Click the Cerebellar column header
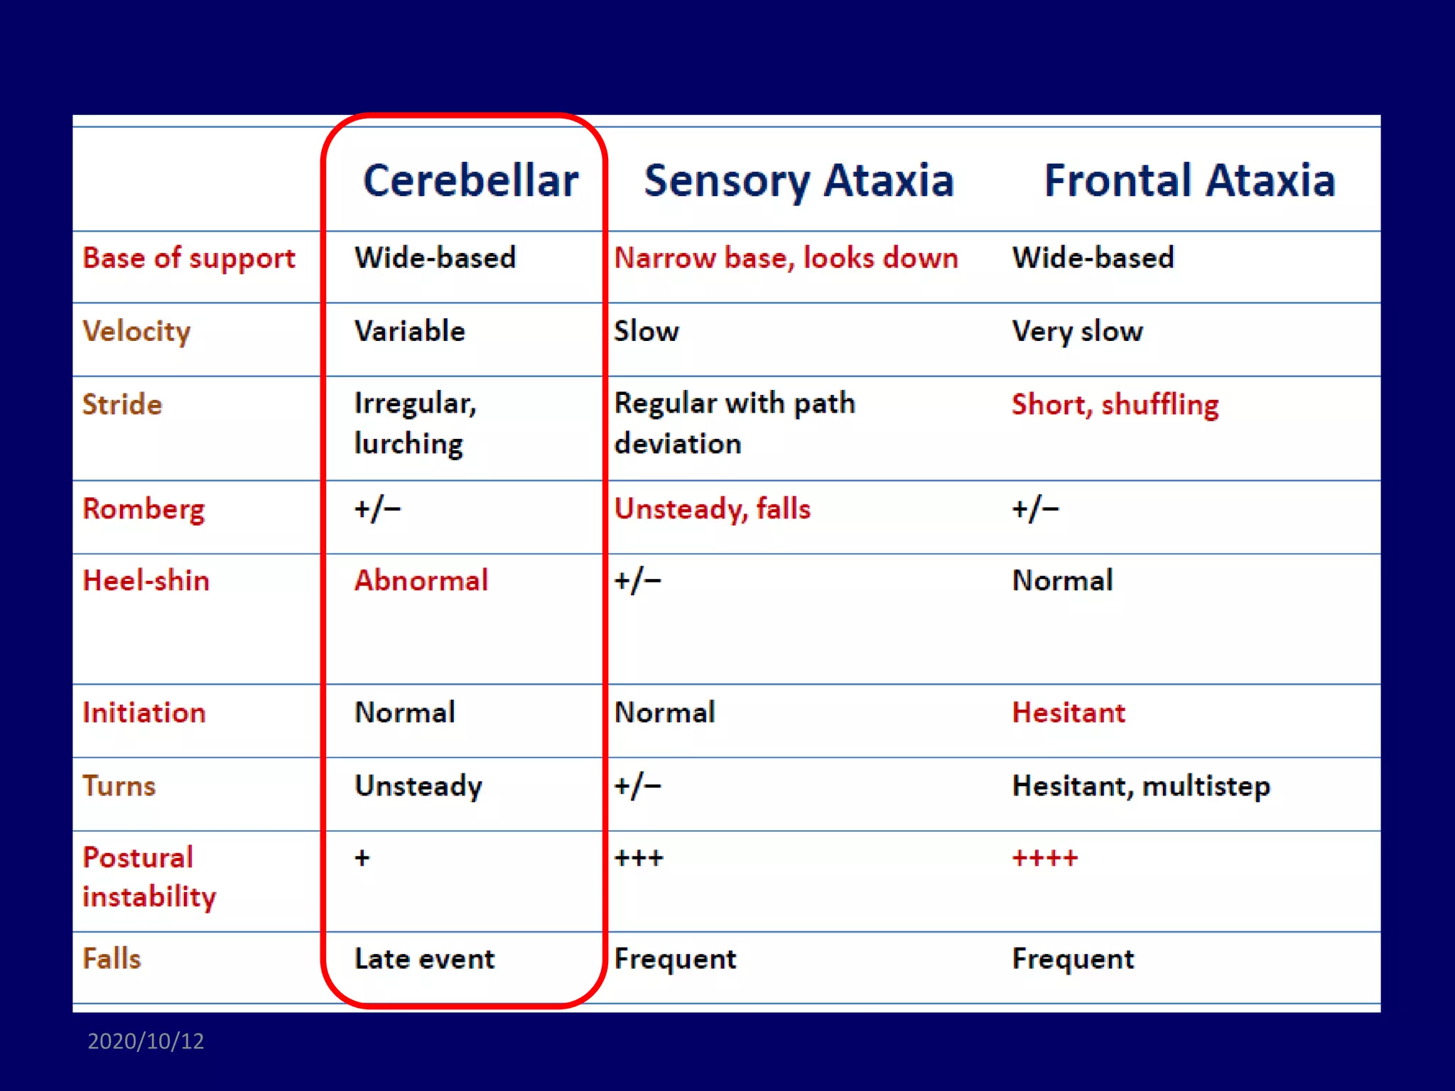pos(470,180)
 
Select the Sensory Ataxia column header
pos(799,180)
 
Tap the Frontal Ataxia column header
pos(1189,180)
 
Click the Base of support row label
pos(189,259)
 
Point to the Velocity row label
pos(136,332)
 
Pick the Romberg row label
pos(144,509)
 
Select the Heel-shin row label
pos(146,581)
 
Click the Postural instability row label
pos(149,877)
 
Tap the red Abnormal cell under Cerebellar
pos(421,581)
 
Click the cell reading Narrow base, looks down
pos(786,259)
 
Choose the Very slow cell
pos(1077,332)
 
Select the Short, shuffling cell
pos(1115,405)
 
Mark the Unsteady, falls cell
pos(712,509)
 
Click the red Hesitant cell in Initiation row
pos(1069,713)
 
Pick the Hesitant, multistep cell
pos(1141,786)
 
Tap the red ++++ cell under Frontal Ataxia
pos(1044,858)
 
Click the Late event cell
pos(424,960)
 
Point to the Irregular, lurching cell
pos(416,423)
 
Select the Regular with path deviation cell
pos(735,423)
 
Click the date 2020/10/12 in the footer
pos(146,1041)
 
